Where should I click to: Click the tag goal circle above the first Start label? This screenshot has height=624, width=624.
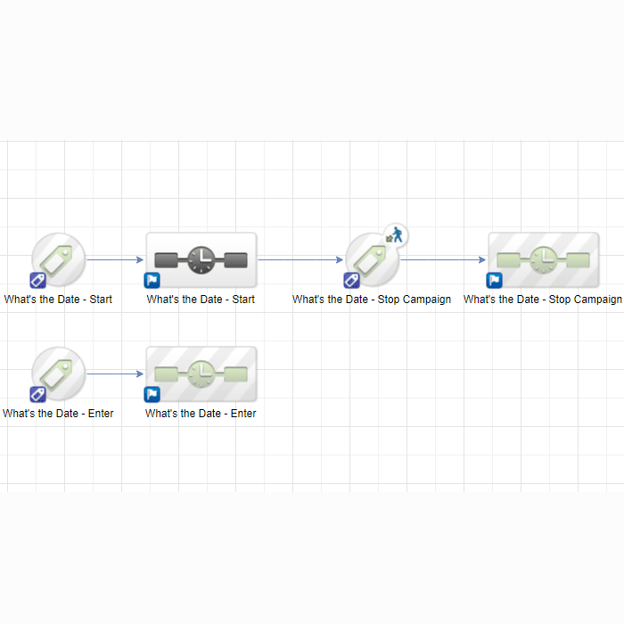click(x=59, y=259)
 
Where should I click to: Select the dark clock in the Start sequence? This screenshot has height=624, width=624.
click(x=201, y=260)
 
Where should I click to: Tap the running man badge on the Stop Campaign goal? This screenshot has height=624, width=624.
click(x=396, y=234)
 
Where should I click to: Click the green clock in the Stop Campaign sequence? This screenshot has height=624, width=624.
click(x=543, y=260)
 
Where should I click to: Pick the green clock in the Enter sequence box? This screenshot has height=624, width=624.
click(x=201, y=374)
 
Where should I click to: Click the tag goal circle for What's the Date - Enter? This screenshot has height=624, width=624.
click(x=59, y=374)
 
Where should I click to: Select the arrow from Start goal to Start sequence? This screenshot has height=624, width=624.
click(x=115, y=260)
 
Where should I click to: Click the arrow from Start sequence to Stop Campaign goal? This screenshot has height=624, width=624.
click(x=300, y=260)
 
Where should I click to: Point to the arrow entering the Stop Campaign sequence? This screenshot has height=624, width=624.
click(x=443, y=260)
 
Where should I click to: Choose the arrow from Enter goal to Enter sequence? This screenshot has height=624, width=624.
click(x=115, y=374)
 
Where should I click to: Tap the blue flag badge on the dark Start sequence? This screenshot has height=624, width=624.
click(x=152, y=280)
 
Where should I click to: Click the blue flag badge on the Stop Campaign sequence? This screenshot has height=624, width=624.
click(x=494, y=280)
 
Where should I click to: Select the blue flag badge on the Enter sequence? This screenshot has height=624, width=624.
click(x=152, y=394)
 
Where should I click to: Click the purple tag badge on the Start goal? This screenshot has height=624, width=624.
click(x=37, y=280)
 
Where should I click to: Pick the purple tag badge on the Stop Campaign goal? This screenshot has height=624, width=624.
click(x=352, y=280)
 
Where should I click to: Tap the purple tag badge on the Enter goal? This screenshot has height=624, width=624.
click(x=37, y=394)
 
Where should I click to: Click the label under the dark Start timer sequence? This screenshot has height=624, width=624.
click(x=201, y=300)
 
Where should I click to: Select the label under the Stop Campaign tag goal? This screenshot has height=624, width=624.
click(x=372, y=300)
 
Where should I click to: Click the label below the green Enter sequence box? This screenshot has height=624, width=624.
click(x=201, y=414)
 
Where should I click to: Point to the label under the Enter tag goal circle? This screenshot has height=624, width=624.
click(x=58, y=414)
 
